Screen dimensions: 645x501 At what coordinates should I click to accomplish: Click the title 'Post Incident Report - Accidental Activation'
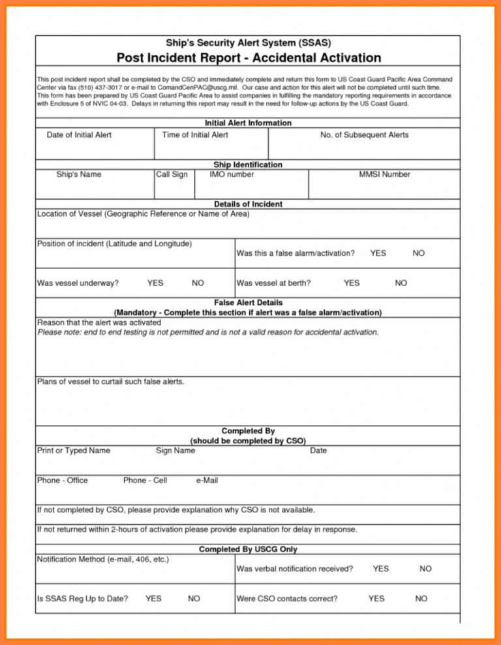248,57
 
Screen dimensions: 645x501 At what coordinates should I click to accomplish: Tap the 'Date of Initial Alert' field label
79,134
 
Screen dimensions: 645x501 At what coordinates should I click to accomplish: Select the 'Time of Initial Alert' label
195,134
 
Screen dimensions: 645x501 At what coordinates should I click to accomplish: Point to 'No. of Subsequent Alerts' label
365,134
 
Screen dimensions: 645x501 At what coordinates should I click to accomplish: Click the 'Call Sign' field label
172,174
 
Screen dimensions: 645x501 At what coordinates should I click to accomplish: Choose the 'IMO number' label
232,174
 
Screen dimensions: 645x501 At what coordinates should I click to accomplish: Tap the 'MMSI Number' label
385,174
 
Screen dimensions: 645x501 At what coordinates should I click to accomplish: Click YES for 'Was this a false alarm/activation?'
378,253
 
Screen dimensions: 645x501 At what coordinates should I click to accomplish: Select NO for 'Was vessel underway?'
198,283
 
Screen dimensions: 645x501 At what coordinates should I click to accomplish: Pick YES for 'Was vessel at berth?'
351,283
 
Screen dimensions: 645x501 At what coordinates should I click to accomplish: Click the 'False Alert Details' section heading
248,303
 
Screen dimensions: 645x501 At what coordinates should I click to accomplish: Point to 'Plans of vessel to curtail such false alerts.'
110,381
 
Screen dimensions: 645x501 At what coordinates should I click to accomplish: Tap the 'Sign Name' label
175,450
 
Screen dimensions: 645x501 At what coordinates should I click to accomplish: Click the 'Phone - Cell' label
145,480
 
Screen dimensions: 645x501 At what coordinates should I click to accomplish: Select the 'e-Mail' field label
207,480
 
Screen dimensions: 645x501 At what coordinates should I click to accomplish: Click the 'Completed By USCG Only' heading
248,549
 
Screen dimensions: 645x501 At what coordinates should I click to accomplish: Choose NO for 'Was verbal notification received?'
425,569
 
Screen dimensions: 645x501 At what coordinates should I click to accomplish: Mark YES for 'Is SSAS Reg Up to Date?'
154,598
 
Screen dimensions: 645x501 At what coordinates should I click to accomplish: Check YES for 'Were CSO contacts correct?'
376,598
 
